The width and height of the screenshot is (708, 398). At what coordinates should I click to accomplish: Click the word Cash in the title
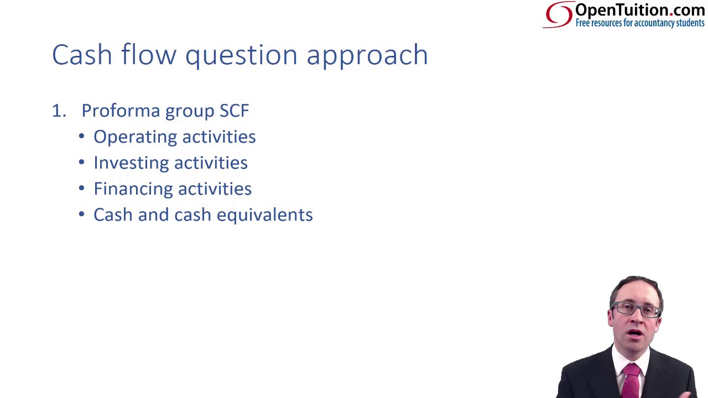pos(82,55)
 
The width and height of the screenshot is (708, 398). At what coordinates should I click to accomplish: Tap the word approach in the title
pos(367,56)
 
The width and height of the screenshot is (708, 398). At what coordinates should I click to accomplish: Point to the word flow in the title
pos(149,54)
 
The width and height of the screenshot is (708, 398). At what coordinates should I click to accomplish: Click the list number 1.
pos(59,111)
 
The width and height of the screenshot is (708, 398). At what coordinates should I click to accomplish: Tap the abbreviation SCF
pos(234,111)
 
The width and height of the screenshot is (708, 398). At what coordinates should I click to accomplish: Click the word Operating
pos(135,138)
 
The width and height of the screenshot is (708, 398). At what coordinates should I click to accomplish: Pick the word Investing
pos(131,163)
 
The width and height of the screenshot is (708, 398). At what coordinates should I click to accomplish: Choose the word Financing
pos(133,189)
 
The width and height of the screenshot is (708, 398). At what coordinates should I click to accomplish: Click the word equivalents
pos(265,215)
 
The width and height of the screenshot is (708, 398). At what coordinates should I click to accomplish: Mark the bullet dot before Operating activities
pos(81,137)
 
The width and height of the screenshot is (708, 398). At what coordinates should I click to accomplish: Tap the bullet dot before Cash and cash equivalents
pos(81,214)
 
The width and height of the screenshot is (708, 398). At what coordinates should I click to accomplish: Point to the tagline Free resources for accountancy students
pos(640,23)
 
